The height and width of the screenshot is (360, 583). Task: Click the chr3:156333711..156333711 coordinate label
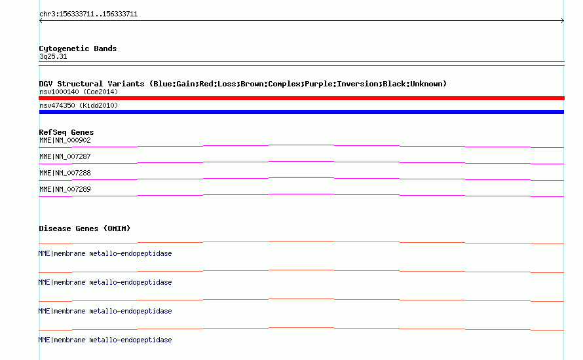88,14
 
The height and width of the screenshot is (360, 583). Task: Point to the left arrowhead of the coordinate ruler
41,21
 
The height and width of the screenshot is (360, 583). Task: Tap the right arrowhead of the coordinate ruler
563,21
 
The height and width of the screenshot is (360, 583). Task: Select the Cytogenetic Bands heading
78,48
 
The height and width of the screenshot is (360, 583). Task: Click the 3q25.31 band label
53,56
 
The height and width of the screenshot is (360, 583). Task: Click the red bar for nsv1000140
301,98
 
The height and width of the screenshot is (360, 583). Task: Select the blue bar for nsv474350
301,112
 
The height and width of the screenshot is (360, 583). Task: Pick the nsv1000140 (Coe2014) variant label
79,92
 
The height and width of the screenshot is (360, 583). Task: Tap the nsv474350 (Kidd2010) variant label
79,105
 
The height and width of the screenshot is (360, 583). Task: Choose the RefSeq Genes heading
67,132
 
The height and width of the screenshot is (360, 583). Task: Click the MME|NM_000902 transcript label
65,141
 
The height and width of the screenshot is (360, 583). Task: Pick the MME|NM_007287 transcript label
65,157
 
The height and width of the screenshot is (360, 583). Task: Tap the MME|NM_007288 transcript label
65,173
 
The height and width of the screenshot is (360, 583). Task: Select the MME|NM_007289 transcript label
65,189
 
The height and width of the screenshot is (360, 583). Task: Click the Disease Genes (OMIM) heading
85,228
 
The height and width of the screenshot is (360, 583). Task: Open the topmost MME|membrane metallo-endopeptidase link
105,253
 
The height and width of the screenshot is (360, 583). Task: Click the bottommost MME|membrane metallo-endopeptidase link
105,340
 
